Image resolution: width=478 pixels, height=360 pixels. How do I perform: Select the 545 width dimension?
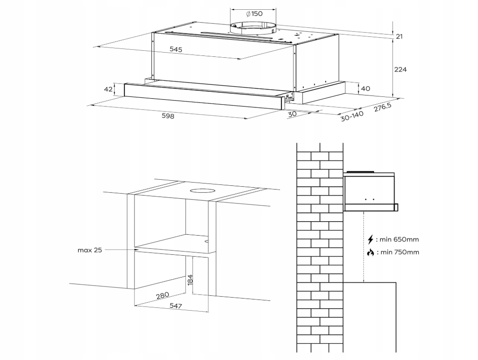(176, 49)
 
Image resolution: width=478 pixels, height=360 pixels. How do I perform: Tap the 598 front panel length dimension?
(168, 116)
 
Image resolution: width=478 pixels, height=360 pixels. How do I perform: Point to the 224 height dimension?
(400, 69)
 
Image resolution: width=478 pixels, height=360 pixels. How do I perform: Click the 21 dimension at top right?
(399, 37)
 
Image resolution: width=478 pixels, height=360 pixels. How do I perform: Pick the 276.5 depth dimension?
(383, 107)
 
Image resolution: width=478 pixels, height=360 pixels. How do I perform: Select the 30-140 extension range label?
(352, 116)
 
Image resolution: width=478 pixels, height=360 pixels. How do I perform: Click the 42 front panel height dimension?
(108, 89)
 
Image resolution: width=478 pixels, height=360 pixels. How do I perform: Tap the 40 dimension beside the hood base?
(365, 88)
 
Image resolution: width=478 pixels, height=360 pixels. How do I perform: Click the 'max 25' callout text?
(89, 250)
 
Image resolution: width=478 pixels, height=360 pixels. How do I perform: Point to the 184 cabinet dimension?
(190, 280)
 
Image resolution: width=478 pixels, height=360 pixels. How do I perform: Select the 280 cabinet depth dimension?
(163, 296)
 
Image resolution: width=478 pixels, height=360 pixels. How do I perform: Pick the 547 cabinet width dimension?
(176, 306)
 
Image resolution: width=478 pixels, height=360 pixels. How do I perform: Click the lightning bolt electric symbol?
(370, 239)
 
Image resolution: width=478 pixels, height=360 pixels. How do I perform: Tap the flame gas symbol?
(370, 252)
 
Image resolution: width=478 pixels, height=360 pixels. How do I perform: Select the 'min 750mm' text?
(400, 252)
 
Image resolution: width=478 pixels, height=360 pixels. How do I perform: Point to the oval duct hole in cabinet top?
(202, 191)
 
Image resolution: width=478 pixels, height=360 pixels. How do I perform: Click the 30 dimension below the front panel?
(292, 114)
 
